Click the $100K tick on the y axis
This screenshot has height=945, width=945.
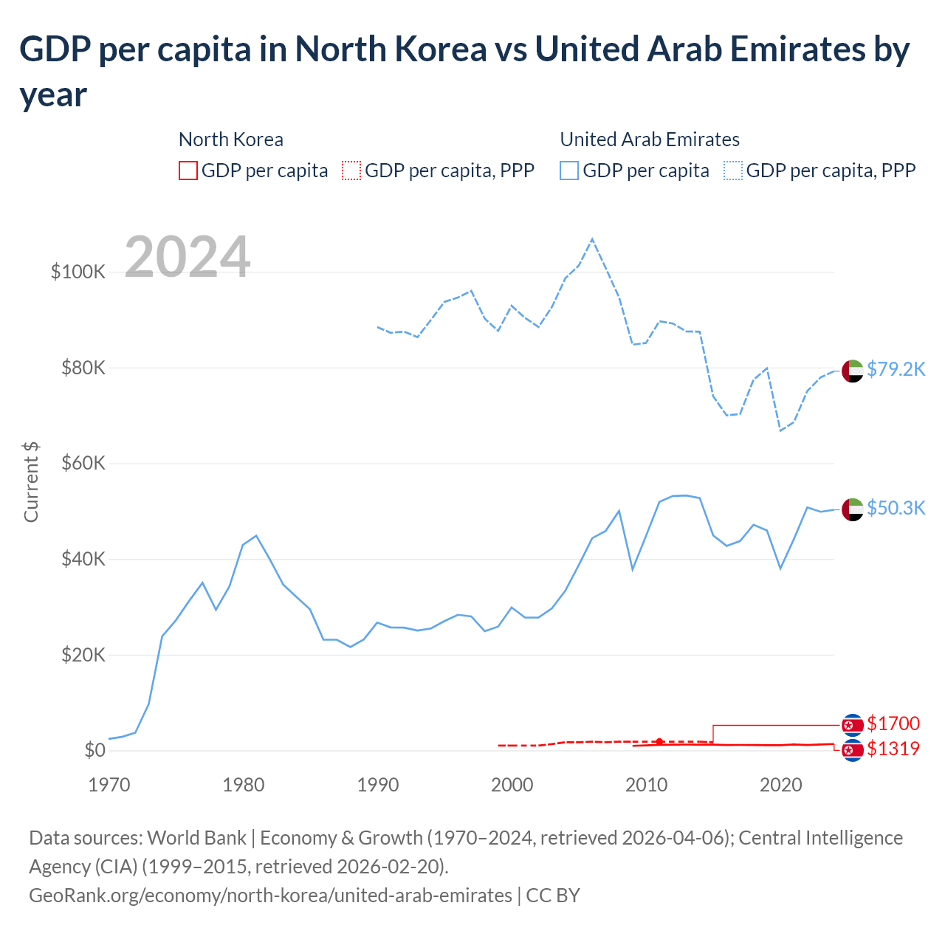[78, 272]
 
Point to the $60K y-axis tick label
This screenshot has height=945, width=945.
[83, 464]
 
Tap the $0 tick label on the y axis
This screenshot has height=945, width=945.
[94, 751]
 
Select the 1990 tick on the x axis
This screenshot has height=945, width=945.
[377, 785]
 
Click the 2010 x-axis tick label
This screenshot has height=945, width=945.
[646, 785]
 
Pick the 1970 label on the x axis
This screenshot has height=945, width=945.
[109, 785]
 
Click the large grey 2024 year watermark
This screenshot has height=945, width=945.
[188, 257]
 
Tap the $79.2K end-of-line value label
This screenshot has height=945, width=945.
[896, 369]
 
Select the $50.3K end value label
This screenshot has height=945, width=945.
[896, 508]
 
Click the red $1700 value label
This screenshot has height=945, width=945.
[893, 724]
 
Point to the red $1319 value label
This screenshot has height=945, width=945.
[893, 749]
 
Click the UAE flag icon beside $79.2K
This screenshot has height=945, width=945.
[853, 371]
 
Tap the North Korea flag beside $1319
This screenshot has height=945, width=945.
[853, 751]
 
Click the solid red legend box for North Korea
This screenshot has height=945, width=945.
[188, 171]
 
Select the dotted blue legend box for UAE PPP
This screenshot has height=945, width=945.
[733, 171]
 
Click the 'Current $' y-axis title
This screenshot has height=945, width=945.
[31, 482]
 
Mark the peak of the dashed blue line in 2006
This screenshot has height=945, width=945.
[592, 239]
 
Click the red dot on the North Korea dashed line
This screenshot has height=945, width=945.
[659, 741]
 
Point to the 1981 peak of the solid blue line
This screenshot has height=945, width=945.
[256, 536]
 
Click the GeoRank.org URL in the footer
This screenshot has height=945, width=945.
[270, 896]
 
